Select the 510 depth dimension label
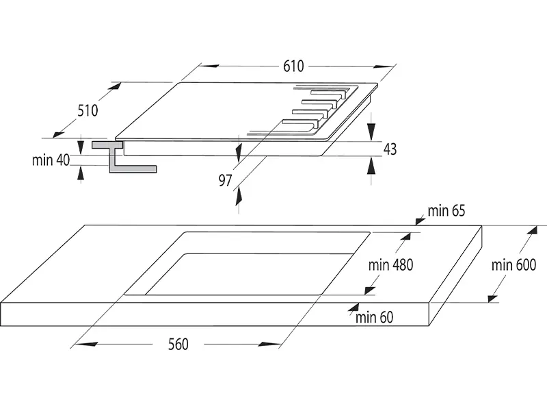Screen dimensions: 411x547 click(x=88, y=110)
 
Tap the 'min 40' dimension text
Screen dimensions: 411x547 click(x=51, y=160)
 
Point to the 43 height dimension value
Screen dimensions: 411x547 click(x=390, y=149)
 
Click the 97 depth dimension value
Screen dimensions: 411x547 click(x=226, y=180)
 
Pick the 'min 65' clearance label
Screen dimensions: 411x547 click(x=446, y=210)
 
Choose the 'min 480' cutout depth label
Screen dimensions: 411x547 click(x=390, y=264)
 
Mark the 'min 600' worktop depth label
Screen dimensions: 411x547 click(x=513, y=264)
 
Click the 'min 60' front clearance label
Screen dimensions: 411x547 click(x=375, y=316)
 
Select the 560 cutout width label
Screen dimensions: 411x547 click(x=177, y=344)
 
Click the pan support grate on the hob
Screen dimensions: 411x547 click(x=321, y=110)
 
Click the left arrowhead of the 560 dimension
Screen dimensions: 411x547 click(x=77, y=345)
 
